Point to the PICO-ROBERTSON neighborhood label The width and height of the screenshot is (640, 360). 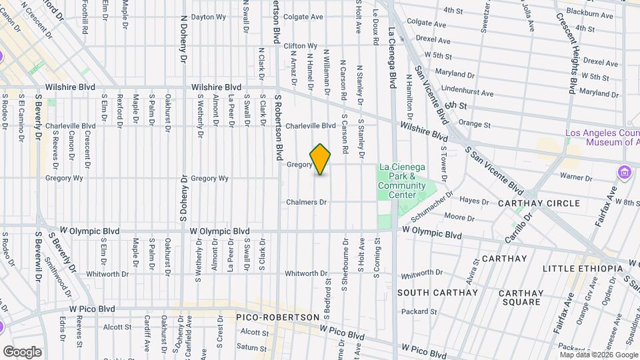(276, 317)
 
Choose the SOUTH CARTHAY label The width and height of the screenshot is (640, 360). (437, 293)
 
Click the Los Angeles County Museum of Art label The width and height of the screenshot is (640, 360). (602, 137)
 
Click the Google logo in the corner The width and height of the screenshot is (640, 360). (22, 351)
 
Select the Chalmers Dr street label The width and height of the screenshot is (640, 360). (307, 202)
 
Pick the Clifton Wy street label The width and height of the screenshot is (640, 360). (299, 46)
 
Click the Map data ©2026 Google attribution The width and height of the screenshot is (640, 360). (599, 355)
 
